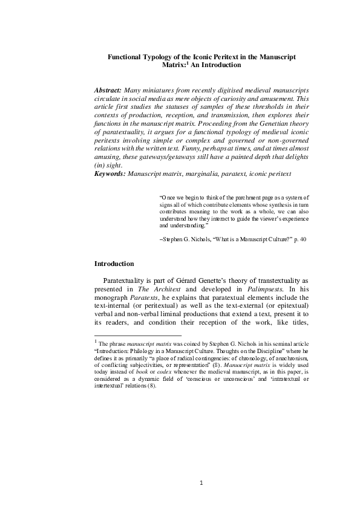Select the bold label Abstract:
pos(112,89)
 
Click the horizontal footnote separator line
pos(139,335)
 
